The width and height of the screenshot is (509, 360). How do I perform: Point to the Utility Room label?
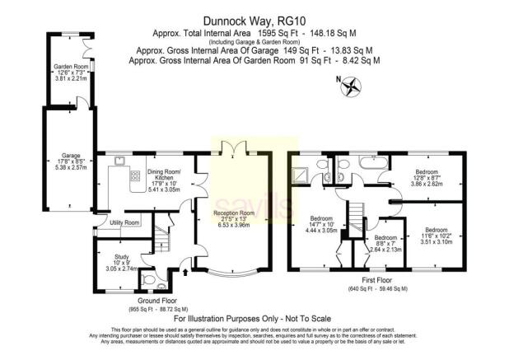pos(124,223)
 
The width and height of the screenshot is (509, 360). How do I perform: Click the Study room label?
pos(121,263)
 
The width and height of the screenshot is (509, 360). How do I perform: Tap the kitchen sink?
pos(119,160)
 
